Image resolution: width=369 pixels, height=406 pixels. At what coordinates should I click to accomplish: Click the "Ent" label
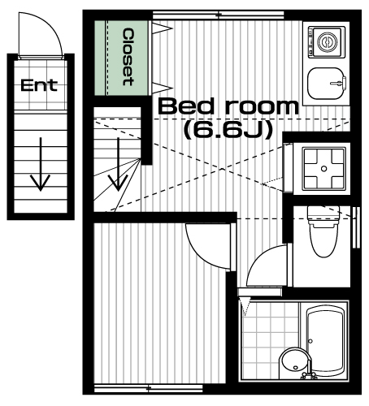[39, 85]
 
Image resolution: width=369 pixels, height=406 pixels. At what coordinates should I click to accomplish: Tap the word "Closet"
[128, 57]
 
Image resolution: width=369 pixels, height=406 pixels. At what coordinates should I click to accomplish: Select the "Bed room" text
[228, 106]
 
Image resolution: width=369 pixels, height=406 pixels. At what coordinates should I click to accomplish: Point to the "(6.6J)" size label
[228, 130]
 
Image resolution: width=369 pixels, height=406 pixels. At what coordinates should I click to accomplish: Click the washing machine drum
[328, 42]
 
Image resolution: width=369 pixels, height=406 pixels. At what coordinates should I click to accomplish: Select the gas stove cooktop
[324, 169]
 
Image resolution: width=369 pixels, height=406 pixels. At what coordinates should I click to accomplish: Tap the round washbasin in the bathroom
[294, 364]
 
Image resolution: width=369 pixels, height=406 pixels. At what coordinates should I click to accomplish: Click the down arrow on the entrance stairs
[41, 164]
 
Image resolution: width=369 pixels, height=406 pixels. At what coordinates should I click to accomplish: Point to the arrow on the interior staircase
[118, 164]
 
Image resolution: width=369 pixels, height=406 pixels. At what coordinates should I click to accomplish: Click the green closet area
[121, 58]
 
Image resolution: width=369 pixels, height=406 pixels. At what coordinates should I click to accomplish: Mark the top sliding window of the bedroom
[219, 15]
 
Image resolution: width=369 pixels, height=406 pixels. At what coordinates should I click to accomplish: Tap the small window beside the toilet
[356, 227]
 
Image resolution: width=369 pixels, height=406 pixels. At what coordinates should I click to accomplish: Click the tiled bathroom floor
[270, 339]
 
